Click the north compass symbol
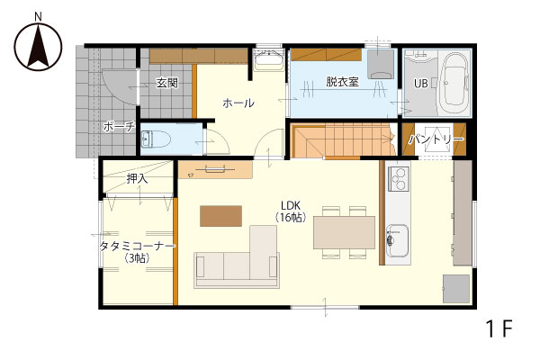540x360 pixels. pyautogui.click(x=38, y=46)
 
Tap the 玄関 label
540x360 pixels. pyautogui.click(x=167, y=83)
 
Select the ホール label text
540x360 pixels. pyautogui.click(x=238, y=103)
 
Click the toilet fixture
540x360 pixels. pyautogui.click(x=156, y=139)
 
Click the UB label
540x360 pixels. pyautogui.click(x=420, y=84)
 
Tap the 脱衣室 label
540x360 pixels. pyautogui.click(x=342, y=82)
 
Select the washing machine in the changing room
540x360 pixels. pyautogui.click(x=380, y=64)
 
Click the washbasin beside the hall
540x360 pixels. pyautogui.click(x=267, y=60)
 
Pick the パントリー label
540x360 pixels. pyautogui.click(x=436, y=139)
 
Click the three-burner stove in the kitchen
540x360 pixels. pyautogui.click(x=399, y=178)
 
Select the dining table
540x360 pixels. pyautogui.click(x=344, y=232)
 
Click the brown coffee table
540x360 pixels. pyautogui.click(x=220, y=216)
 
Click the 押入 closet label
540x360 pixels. pyautogui.click(x=137, y=178)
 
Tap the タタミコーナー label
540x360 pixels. pyautogui.click(x=137, y=247)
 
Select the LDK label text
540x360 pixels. pyautogui.click(x=291, y=206)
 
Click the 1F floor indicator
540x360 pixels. pyautogui.click(x=499, y=328)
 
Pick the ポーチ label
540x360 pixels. pyautogui.click(x=119, y=127)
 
